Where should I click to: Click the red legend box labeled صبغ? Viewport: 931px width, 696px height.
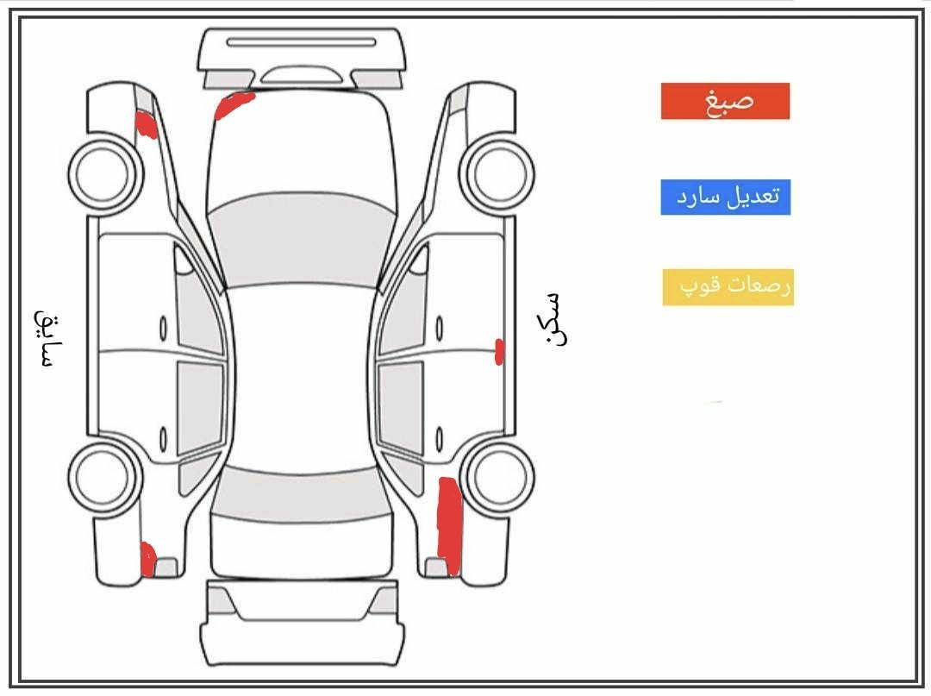coord(725,101)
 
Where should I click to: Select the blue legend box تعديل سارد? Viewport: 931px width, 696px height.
coord(726,198)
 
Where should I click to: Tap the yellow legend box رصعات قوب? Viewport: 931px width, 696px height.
coord(728,287)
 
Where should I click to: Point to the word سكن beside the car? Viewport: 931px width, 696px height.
coord(553,318)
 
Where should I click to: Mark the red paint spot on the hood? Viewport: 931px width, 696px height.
coord(234,104)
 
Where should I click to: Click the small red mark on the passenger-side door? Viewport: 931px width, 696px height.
coord(499,352)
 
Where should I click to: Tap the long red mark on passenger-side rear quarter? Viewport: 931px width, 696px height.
coord(449,526)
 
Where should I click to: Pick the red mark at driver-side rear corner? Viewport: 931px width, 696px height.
coord(148,560)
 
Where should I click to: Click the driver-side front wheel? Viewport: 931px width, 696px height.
coord(105,172)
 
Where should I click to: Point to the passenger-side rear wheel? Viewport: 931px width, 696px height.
coord(497,477)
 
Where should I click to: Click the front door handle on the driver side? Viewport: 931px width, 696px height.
coord(163,328)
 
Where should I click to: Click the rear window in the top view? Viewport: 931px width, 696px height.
coord(301,494)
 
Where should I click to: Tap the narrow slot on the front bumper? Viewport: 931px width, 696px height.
coord(301,42)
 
